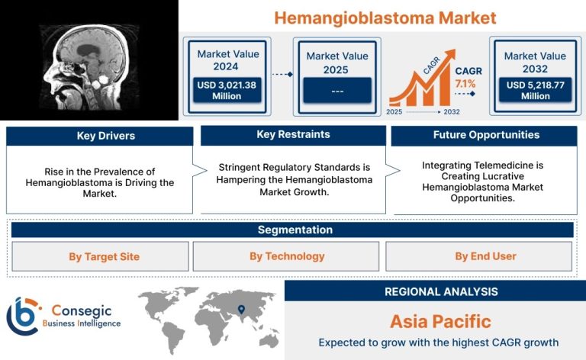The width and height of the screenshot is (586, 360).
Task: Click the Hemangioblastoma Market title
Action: pos(385,18)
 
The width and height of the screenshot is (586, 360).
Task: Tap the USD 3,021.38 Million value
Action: pos(227,90)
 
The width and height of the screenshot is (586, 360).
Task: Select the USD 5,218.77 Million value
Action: pos(535,90)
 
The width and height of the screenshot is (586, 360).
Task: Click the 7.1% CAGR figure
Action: pos(465,84)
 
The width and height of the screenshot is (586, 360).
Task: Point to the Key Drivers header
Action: pos(106,136)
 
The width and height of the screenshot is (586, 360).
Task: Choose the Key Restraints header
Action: pos(293,134)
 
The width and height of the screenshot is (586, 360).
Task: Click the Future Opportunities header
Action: pos(486,135)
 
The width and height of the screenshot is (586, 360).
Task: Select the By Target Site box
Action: pos(100,256)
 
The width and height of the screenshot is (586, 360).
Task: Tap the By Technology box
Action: pos(286,256)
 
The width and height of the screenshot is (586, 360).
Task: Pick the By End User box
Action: pos(478,256)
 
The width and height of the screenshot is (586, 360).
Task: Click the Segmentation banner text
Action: pos(295,230)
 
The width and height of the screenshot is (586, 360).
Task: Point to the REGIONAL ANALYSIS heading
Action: pos(441,291)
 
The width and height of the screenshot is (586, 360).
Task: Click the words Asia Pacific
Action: pos(440,322)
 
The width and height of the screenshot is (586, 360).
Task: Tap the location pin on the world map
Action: pos(241,309)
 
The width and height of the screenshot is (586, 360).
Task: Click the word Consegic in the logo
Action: pos(82,310)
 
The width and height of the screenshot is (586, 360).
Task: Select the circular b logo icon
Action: pos(23,316)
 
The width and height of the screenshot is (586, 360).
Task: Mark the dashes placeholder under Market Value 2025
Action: pos(337,92)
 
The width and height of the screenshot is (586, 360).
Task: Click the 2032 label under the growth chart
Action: pos(452,111)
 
